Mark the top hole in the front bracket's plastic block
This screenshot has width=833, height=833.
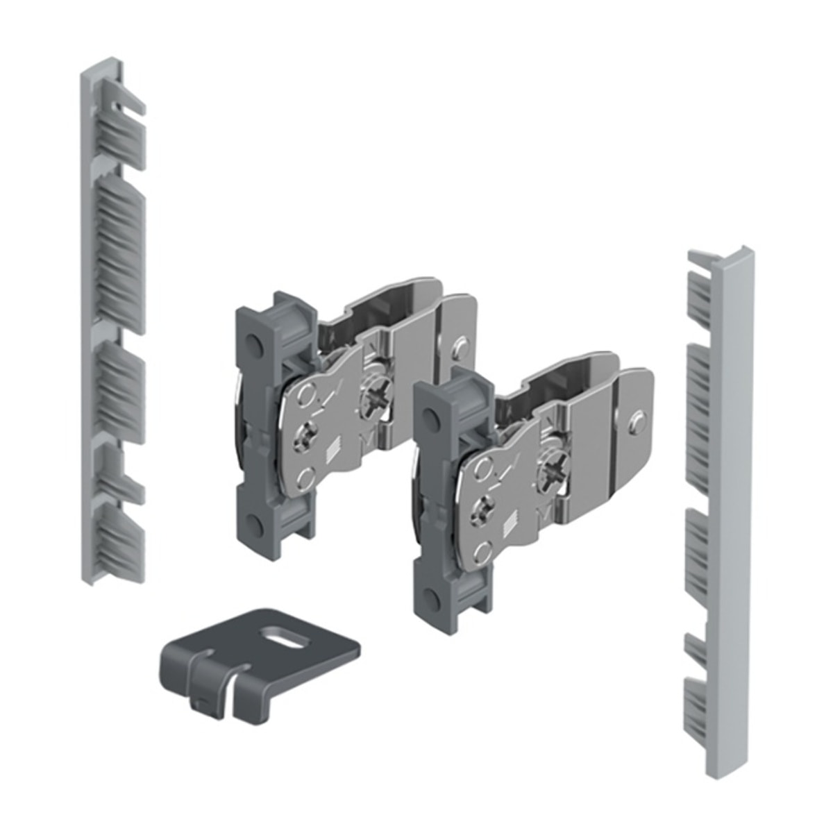point(432,417)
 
